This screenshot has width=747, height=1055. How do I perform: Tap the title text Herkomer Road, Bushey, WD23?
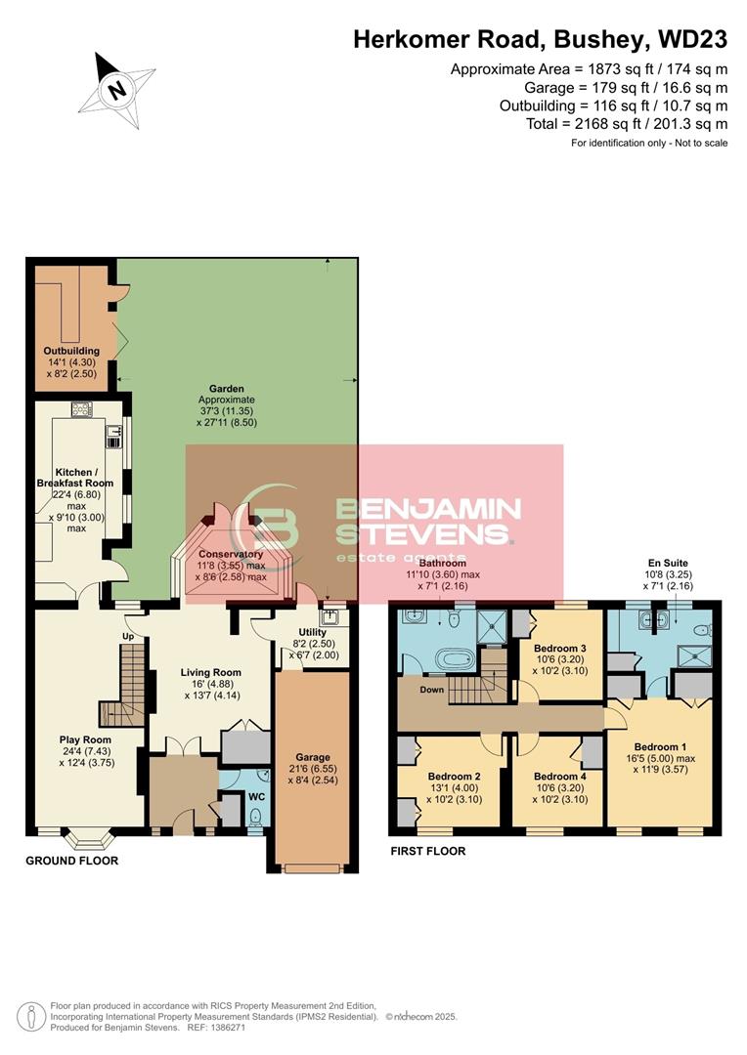tap(540, 40)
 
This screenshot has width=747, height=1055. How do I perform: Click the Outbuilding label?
tap(71, 351)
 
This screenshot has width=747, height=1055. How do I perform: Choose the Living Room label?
tap(210, 672)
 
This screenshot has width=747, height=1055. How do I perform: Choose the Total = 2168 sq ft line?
tap(626, 124)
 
